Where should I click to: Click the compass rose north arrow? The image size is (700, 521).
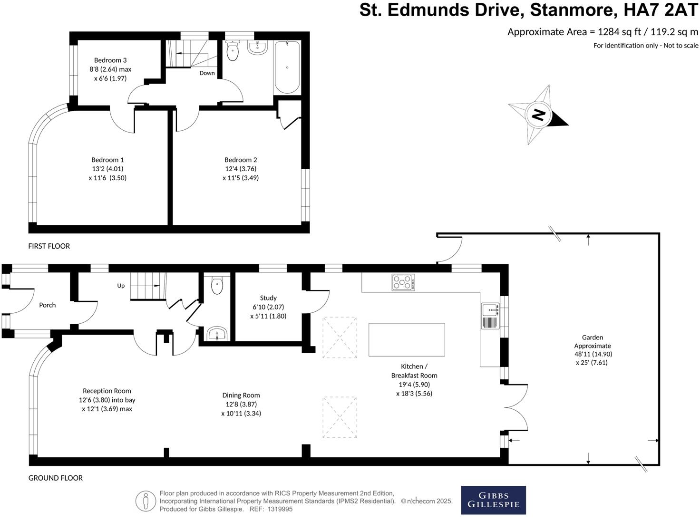tap(538, 115)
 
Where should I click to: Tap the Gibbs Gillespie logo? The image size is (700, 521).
tap(493, 500)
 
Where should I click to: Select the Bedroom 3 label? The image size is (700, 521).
tap(110, 60)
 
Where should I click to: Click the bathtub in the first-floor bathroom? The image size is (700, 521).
tap(287, 67)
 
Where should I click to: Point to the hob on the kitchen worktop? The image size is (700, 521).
tap(403, 282)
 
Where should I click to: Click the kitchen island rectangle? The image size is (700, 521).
tap(407, 339)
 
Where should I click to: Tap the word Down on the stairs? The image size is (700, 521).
tap(207, 73)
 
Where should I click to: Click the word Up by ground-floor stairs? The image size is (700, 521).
tap(121, 286)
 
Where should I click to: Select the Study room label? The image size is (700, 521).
tap(268, 298)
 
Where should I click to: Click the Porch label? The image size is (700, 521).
tap(47, 305)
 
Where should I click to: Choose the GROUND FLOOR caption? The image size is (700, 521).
tap(56, 478)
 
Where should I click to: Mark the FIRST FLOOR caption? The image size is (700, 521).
tap(49, 246)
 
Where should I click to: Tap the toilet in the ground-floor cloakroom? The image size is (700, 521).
tap(217, 286)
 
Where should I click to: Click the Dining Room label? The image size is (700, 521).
tap(241, 395)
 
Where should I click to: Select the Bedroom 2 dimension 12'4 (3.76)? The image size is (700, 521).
tap(241, 169)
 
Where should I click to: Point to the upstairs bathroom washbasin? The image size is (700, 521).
tap(257, 47)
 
